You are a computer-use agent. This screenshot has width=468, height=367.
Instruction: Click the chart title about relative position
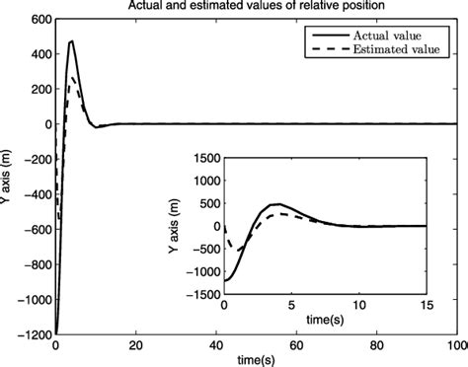[255, 7]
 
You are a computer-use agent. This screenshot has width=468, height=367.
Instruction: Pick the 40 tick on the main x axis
[215, 347]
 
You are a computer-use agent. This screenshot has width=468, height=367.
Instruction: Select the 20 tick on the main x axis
[135, 347]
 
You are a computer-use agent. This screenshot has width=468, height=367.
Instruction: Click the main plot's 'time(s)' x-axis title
[255, 361]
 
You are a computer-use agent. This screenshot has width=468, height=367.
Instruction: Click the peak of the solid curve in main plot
[72, 41]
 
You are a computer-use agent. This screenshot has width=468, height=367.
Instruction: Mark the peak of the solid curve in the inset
[278, 204]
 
